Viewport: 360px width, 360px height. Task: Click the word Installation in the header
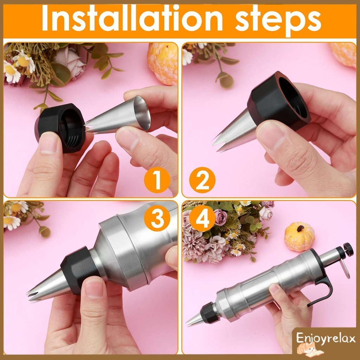pos(132,19)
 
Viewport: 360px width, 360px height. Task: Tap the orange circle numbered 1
pos(157,180)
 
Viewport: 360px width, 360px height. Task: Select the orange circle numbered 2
pos(202,180)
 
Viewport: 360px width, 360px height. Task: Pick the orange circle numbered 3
pos(157,218)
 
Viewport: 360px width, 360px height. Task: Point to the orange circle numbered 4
pos(202,218)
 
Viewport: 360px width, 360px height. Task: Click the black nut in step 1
pos(60,127)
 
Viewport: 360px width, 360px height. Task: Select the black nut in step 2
pos(278,101)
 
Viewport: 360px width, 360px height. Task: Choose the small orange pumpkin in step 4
pos(300,237)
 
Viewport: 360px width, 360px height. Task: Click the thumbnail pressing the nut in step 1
pos(48,143)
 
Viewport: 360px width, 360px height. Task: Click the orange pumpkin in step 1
pos(162,64)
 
